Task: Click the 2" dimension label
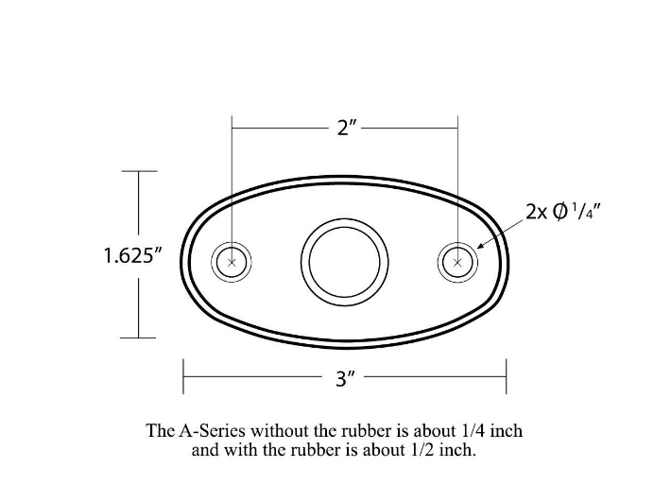(x=347, y=128)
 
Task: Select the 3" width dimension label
(x=345, y=378)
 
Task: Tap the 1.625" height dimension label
(x=132, y=255)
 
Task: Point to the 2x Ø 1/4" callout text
(x=562, y=212)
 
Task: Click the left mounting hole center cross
(x=232, y=262)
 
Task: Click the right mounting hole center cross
(x=457, y=263)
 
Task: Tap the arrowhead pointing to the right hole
(x=481, y=246)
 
